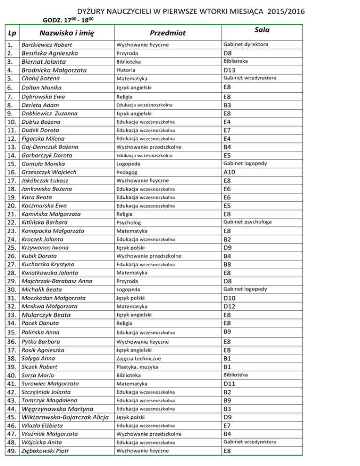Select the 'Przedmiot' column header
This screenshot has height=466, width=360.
167,33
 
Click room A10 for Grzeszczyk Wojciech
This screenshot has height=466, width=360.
229,172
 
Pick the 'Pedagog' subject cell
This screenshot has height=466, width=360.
127,172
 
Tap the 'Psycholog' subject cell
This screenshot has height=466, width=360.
129,222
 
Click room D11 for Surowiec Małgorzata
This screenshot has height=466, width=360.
229,383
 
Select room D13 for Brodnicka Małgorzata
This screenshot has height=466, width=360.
229,70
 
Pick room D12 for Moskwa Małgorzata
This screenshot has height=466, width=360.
229,306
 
